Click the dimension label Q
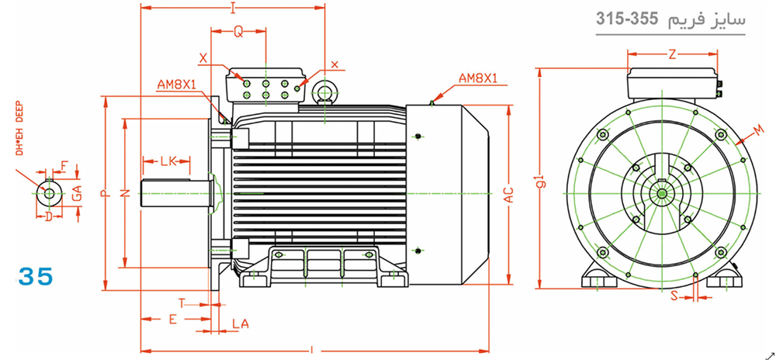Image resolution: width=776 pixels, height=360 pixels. [x=238, y=32]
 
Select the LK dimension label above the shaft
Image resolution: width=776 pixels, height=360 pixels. [x=168, y=161]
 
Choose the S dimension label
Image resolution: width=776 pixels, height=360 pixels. [x=674, y=296]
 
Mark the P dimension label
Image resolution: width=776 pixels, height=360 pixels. [x=105, y=193]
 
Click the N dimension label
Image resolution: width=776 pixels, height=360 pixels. [x=126, y=193]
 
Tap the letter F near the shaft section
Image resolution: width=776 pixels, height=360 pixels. [x=64, y=166]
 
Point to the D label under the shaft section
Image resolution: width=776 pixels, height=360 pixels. [x=48, y=216]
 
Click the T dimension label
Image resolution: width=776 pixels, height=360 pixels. [x=182, y=303]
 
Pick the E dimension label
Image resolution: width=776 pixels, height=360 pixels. [x=173, y=320]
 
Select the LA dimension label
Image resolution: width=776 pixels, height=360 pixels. [x=241, y=324]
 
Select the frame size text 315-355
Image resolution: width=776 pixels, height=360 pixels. [x=626, y=19]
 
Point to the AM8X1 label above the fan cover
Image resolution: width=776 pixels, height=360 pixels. [x=477, y=78]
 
